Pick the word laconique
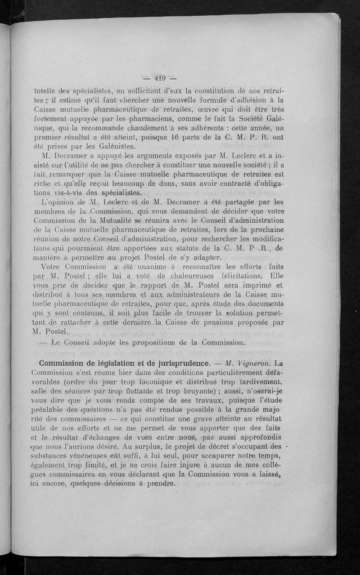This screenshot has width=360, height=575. (x=140, y=382)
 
